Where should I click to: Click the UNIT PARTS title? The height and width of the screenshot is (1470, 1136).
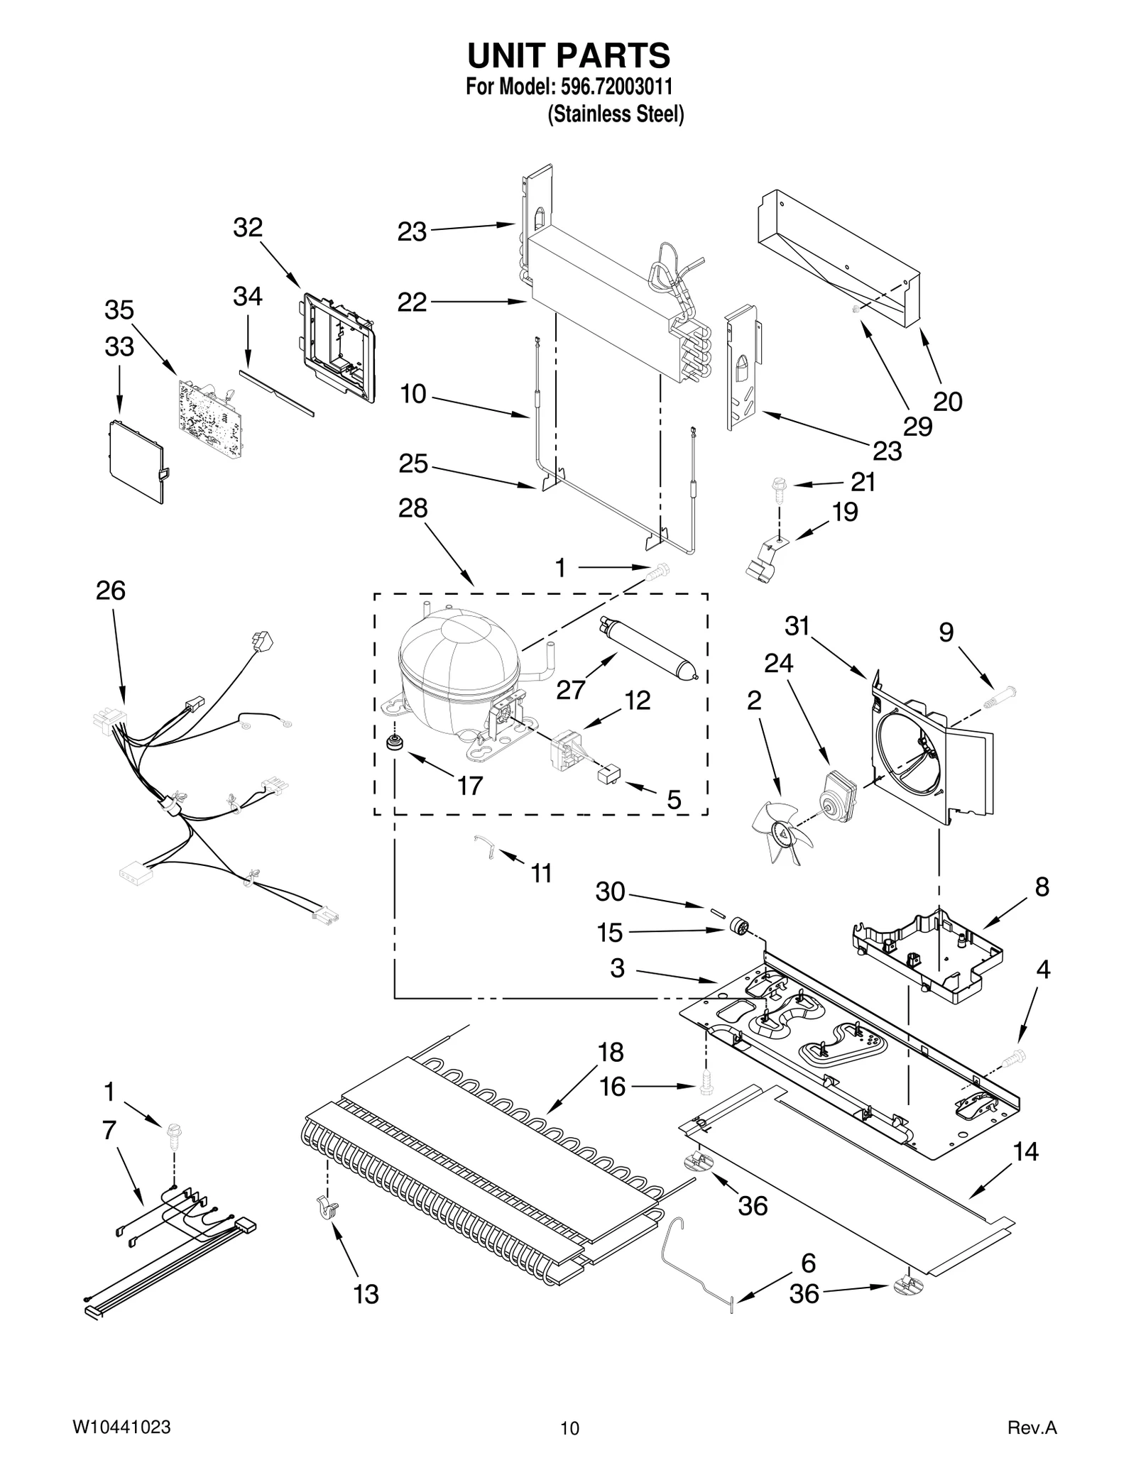[568, 55]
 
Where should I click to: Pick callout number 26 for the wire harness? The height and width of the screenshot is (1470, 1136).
[111, 591]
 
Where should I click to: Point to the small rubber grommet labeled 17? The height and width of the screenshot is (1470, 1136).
[392, 743]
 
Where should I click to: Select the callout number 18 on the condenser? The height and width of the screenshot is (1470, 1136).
[610, 1052]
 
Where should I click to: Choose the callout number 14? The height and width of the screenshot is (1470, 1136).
[1025, 1151]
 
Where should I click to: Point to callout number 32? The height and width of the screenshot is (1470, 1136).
[248, 228]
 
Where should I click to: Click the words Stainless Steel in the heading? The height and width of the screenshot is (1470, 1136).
[616, 114]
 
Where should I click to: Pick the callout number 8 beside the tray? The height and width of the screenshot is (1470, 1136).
[1042, 887]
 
